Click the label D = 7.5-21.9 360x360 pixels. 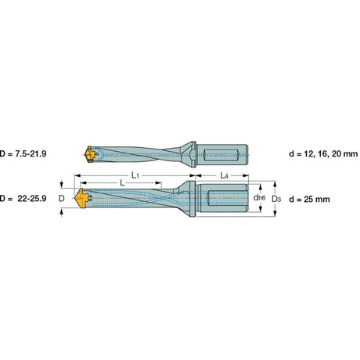tap(23, 153)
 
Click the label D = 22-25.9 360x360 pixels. tap(23, 199)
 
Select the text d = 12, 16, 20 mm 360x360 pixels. tap(323, 154)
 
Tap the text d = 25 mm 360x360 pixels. tap(309, 200)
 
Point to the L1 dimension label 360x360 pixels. tap(135, 175)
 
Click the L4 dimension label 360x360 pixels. tap(225, 175)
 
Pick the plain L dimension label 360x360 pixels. tap(122, 183)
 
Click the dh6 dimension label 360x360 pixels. tap(260, 198)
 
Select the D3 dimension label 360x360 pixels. tap(276, 200)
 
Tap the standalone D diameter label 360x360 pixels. tap(61, 199)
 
